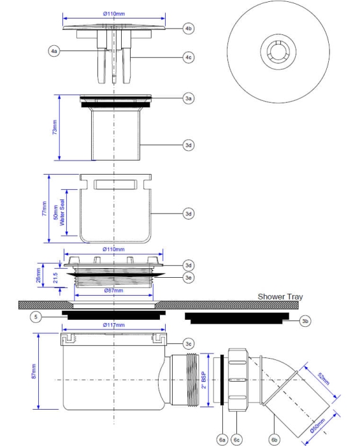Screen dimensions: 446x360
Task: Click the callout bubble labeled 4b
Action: click(189, 29)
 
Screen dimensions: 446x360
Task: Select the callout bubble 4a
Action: click(54, 51)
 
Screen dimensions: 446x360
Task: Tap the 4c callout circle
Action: click(189, 57)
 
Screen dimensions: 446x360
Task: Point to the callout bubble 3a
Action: click(189, 99)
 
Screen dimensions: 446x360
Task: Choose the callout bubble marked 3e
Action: click(189, 277)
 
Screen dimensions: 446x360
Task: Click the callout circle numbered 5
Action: click(38, 316)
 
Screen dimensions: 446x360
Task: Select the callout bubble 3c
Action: click(189, 343)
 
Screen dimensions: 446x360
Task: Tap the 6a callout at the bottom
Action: click(222, 439)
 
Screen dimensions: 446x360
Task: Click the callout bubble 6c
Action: click(237, 439)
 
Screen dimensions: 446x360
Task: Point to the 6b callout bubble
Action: click(275, 439)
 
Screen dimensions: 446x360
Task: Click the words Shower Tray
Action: click(280, 297)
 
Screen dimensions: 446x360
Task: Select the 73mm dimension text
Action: click(55, 128)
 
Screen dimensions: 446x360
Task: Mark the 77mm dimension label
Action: click(44, 209)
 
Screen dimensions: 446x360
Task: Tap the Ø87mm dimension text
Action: click(114, 291)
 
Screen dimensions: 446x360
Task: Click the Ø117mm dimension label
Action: click(114, 325)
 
